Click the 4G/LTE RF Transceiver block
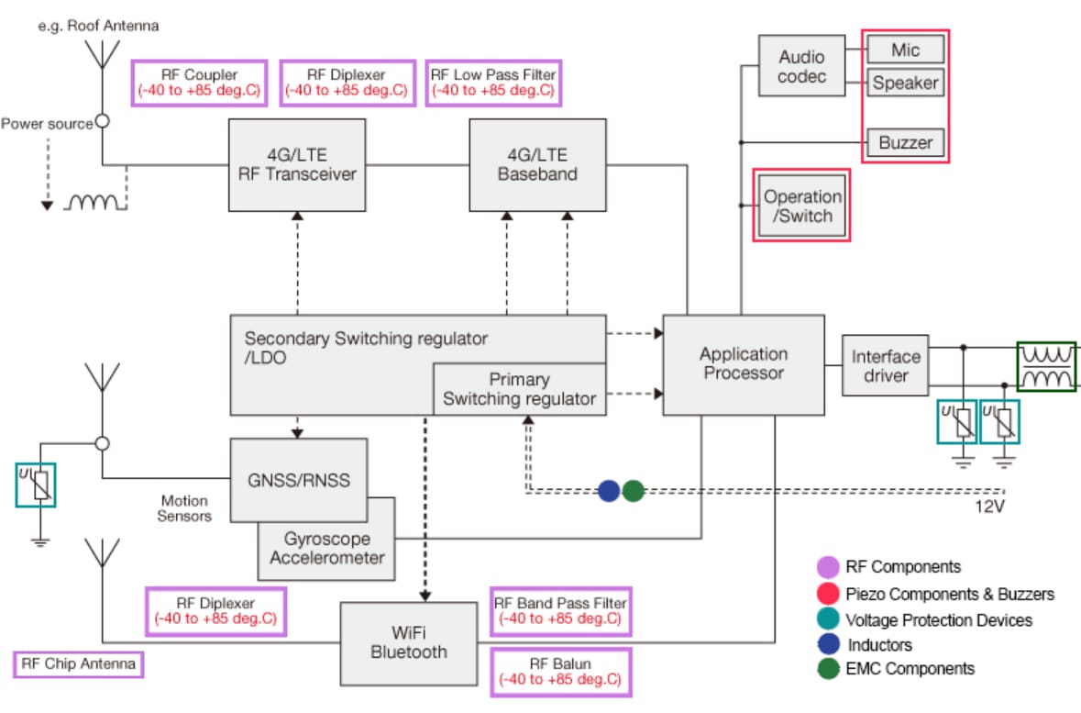pyautogui.click(x=296, y=164)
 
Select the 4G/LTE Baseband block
pyautogui.click(x=537, y=164)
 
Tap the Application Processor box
pyautogui.click(x=743, y=363)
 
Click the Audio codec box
pyautogui.click(x=801, y=66)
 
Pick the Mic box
pyautogui.click(x=904, y=50)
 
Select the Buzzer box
pyautogui.click(x=904, y=142)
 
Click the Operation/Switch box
pyautogui.click(x=802, y=206)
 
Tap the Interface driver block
pyautogui.click(x=885, y=366)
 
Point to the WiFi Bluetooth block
pyautogui.click(x=409, y=641)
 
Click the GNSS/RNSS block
pyautogui.click(x=298, y=479)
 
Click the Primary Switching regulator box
pyautogui.click(x=519, y=389)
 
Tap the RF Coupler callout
pyautogui.click(x=200, y=83)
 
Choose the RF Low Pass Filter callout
pyautogui.click(x=493, y=83)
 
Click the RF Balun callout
pyautogui.click(x=560, y=672)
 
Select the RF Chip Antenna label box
pyautogui.click(x=80, y=664)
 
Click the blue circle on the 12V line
pyautogui.click(x=609, y=491)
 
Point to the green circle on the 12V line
pyautogui.click(x=633, y=491)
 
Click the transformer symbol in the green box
pyautogui.click(x=1046, y=366)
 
